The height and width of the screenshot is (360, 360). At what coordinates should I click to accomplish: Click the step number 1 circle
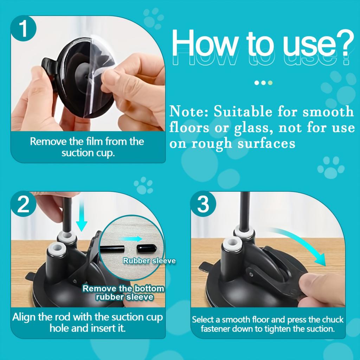[x=23, y=29]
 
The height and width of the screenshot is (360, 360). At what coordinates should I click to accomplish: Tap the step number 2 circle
[x=23, y=205]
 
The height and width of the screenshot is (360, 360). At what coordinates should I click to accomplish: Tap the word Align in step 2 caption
[x=24, y=317]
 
